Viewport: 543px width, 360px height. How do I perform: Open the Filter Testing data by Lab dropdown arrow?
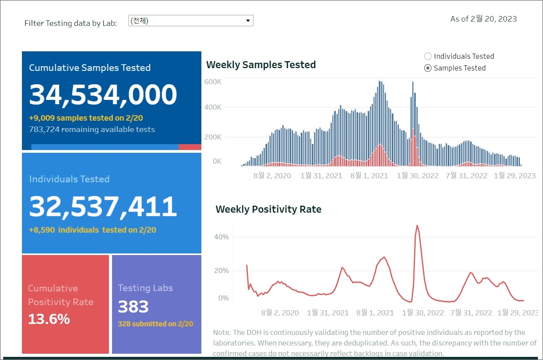point(248,21)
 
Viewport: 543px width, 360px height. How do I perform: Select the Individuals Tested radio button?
point(428,56)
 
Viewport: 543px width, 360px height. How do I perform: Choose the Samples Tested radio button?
point(428,68)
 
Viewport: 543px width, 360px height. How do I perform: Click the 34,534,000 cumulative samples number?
point(103,94)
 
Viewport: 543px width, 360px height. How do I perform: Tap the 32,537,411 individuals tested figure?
point(103,206)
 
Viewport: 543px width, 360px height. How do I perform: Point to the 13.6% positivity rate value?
point(49,319)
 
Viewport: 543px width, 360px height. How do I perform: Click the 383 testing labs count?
point(133,307)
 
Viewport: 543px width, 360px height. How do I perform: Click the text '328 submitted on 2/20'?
point(156,324)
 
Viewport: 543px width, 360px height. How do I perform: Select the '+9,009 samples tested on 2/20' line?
point(86,118)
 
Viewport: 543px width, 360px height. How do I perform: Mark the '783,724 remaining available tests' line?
point(92,129)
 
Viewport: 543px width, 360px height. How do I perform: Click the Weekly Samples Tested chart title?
point(261,65)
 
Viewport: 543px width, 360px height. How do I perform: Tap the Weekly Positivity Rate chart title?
point(268,209)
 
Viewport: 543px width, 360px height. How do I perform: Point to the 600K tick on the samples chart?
point(213,82)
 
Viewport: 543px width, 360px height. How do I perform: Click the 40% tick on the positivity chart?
point(221,237)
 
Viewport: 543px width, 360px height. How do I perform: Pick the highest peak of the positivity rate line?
point(417,226)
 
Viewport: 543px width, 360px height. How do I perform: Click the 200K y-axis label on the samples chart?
point(213,137)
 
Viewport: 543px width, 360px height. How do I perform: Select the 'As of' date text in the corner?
point(483,19)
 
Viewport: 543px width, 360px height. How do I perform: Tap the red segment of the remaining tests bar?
point(190,147)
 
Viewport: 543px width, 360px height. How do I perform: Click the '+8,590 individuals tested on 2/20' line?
point(92,230)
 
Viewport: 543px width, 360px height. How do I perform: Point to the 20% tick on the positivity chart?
point(221,271)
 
